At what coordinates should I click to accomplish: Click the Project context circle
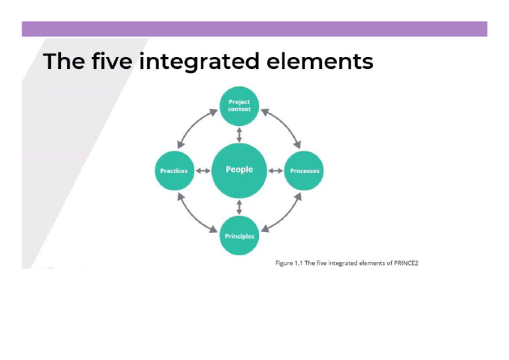click(x=239, y=105)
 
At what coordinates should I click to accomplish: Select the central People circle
click(x=239, y=170)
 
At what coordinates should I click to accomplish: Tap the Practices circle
click(x=174, y=170)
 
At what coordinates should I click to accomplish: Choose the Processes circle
click(x=304, y=170)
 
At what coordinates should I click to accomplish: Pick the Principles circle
click(x=239, y=236)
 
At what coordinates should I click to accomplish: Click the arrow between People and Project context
click(x=239, y=135)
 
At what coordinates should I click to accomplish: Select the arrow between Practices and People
click(x=201, y=170)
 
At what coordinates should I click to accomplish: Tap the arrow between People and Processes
click(x=276, y=170)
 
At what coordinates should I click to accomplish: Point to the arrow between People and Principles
click(x=239, y=206)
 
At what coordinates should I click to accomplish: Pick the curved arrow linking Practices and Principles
click(x=193, y=216)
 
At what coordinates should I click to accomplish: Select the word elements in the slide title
click(x=319, y=62)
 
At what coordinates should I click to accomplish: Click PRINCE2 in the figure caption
click(x=406, y=263)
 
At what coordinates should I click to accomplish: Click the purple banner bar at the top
click(x=254, y=29)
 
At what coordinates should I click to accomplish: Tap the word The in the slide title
click(x=64, y=62)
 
